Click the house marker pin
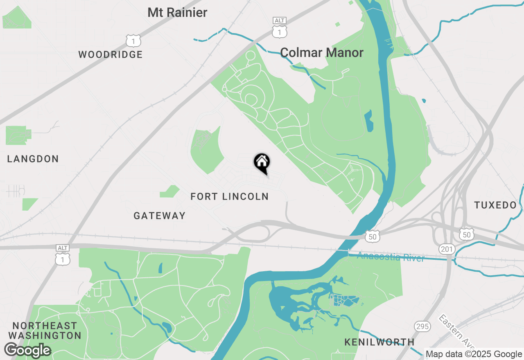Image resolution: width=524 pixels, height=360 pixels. pos(262,162)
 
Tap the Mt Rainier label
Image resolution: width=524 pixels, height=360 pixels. pos(177,13)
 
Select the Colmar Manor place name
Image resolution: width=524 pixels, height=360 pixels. pos(322,53)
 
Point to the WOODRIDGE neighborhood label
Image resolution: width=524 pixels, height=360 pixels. pos(111,55)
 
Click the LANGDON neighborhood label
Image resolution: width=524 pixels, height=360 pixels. pos(33,159)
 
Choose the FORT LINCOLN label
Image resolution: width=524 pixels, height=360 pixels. pos(230,197)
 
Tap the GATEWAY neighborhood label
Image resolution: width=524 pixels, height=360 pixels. pos(160,216)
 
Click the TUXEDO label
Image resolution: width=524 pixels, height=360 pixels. pos(495,205)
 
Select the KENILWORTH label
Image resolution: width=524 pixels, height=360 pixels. pos(379,342)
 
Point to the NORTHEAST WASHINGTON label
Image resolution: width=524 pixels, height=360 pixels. pos(45,331)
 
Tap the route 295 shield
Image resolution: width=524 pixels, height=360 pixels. pos(422,326)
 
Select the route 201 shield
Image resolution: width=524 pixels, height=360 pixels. pos(446,249)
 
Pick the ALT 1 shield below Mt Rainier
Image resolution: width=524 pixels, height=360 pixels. pos(279,29)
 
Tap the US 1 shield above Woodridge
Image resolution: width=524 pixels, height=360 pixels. pos(133,41)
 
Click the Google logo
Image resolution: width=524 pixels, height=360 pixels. pos(27,351)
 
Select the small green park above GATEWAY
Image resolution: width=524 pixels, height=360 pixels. pos(169,191)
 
